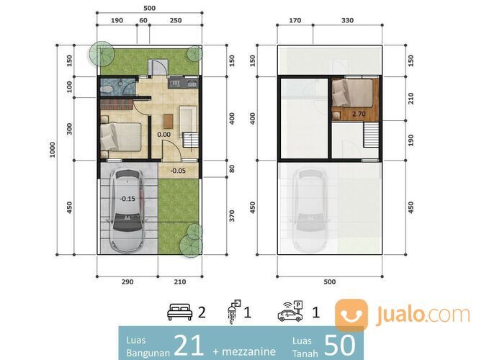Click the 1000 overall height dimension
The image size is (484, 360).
tap(53, 150)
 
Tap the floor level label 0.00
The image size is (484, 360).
tap(163, 135)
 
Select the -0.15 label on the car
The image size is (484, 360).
tap(127, 199)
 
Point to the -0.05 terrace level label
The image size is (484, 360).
tap(178, 171)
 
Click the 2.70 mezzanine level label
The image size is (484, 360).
tap(359, 114)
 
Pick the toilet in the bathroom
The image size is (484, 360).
tap(107, 89)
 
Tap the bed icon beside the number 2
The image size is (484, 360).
tap(179, 312)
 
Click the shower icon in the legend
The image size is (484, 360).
tap(234, 312)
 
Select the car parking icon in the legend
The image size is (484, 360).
tap(290, 311)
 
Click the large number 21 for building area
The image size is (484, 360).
tap(189, 345)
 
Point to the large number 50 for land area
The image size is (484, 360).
tap(339, 345)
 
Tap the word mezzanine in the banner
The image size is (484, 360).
tap(248, 351)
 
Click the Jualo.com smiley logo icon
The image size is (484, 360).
tap(351, 315)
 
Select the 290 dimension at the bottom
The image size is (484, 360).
tap(127, 282)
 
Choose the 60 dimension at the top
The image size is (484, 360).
tap(143, 20)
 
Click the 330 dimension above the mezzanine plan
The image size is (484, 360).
tap(347, 20)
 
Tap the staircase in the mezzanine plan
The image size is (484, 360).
tap(371, 135)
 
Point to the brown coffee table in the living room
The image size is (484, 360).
tap(169, 121)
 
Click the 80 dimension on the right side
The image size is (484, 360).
tap(232, 168)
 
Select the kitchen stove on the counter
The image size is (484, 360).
tap(175, 83)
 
